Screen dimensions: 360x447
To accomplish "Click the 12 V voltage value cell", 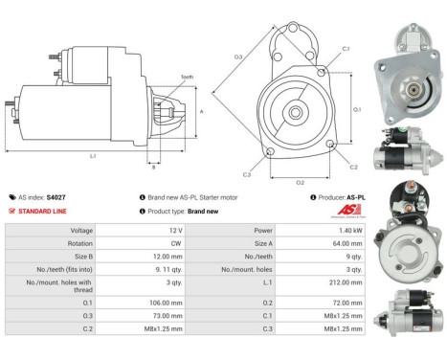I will point(175,231).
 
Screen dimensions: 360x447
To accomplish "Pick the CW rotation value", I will point(175,244).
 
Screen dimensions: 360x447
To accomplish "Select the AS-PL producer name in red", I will point(351,196).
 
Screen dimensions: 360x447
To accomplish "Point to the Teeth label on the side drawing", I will point(187,78).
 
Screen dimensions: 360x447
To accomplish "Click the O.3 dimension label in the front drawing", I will point(237,58).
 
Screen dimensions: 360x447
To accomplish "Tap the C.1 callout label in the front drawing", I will point(346,48).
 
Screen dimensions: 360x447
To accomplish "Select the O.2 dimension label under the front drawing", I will point(299,182).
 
